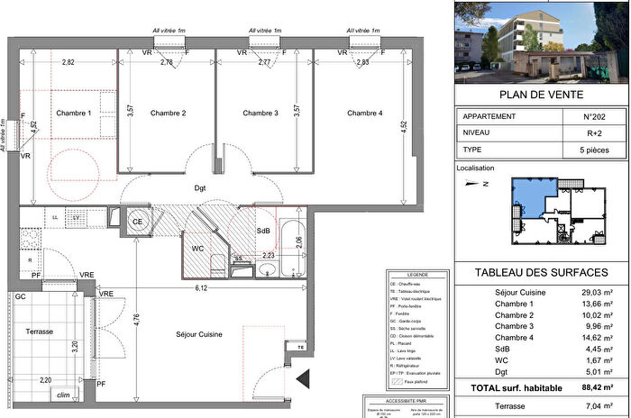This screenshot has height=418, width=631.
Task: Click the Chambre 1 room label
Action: tap(74, 113)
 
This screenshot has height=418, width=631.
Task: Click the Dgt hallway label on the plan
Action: tap(201, 188)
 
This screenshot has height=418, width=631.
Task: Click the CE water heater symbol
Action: tap(139, 221)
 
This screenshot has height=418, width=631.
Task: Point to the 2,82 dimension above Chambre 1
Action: tap(68, 63)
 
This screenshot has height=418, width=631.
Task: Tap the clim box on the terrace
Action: tap(63, 395)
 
